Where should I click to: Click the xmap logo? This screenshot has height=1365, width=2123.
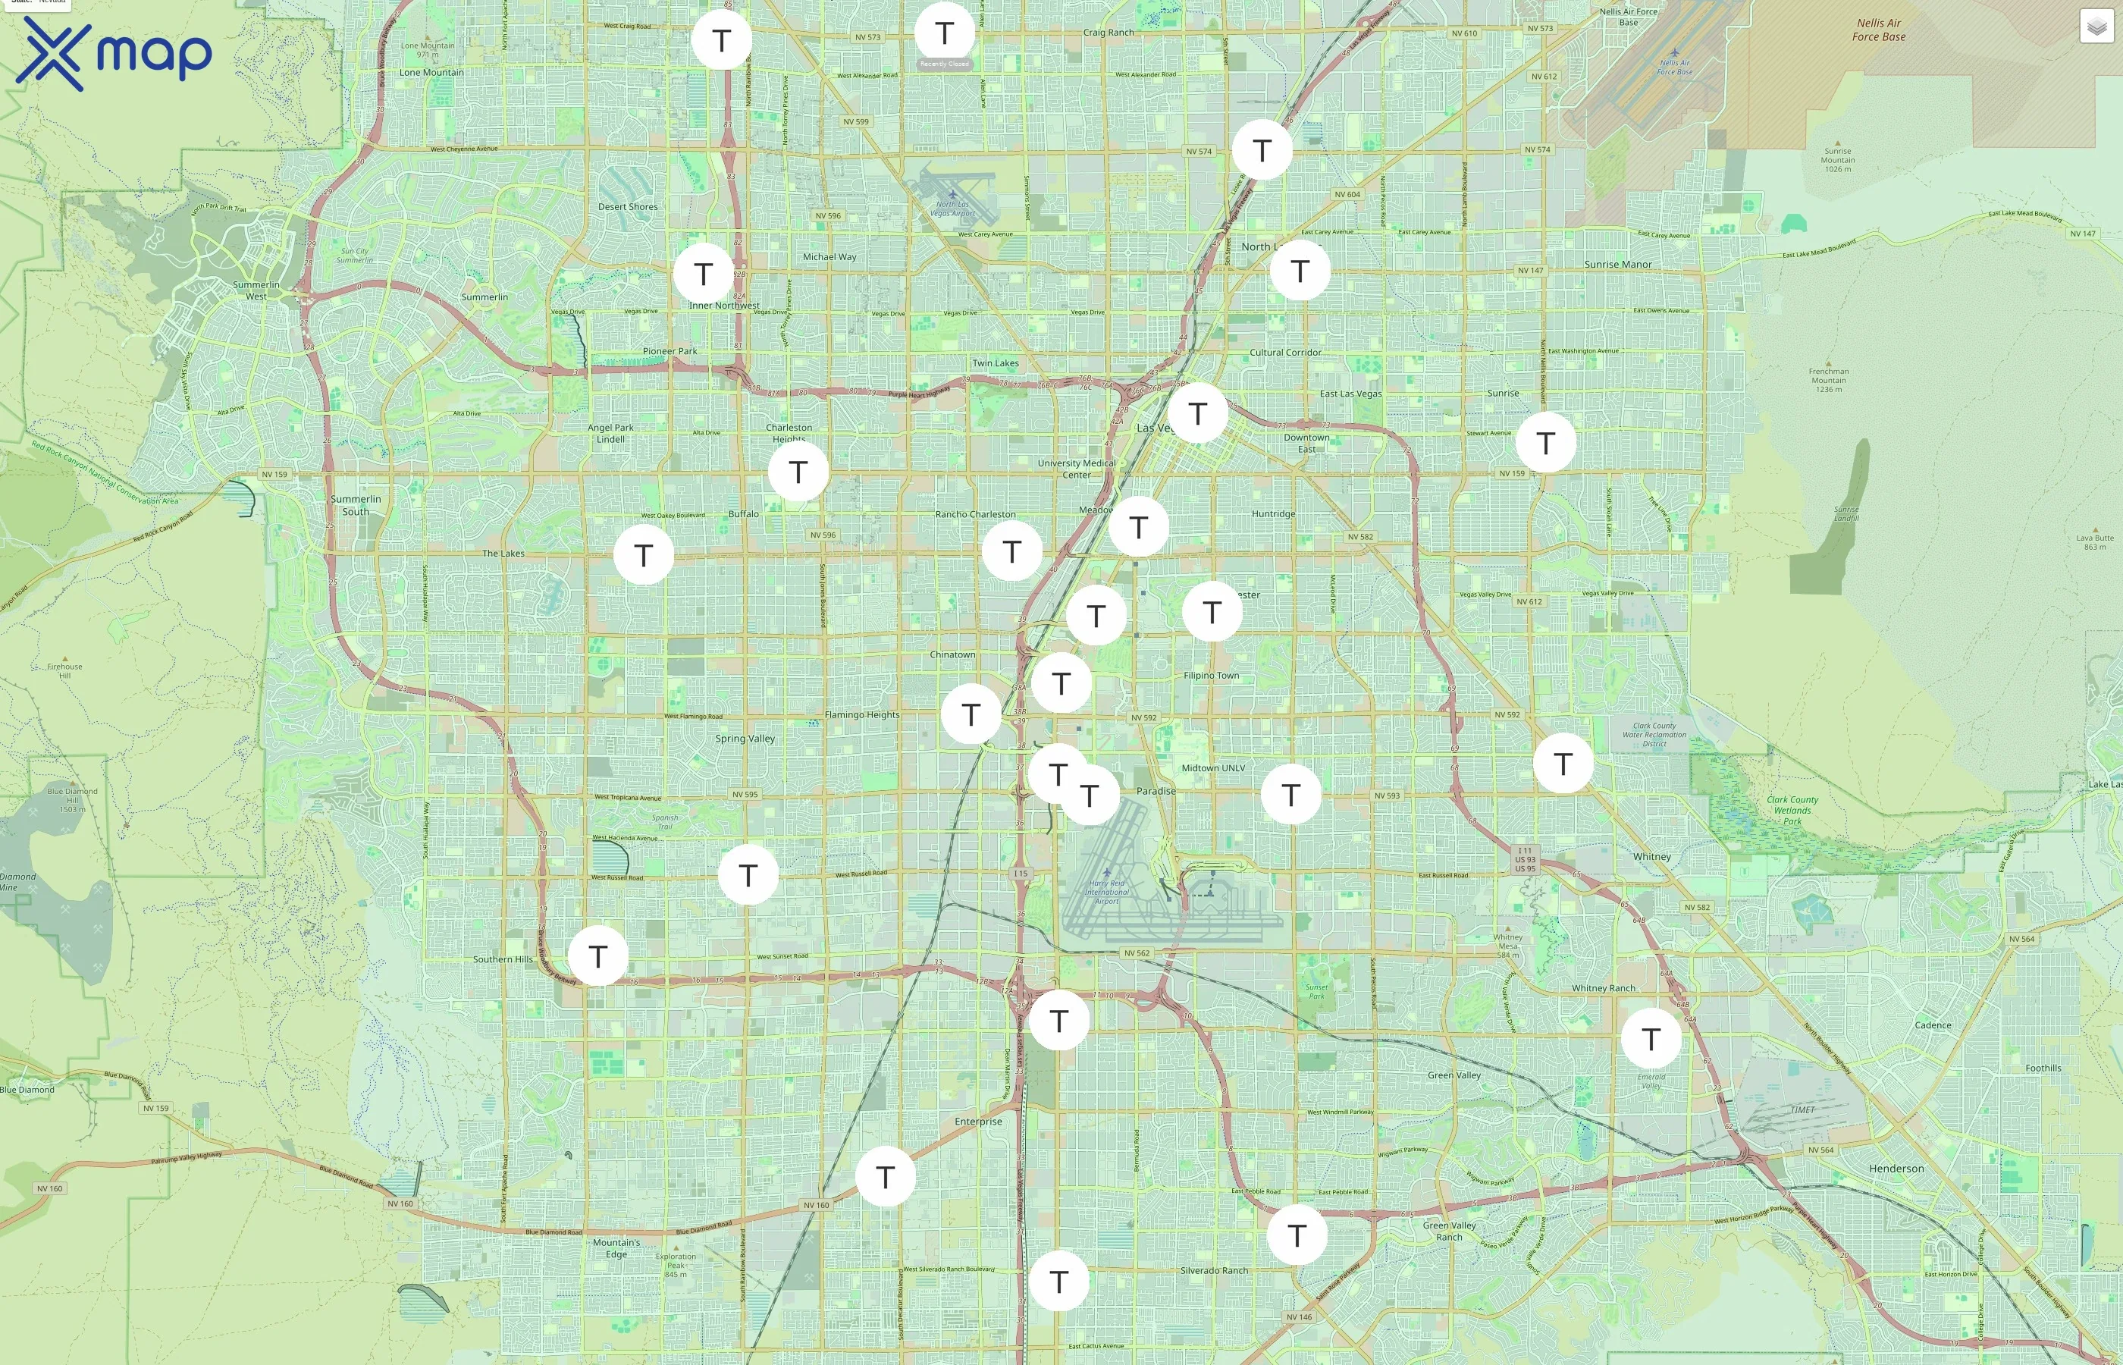(114, 54)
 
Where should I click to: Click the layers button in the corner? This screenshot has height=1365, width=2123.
(2096, 27)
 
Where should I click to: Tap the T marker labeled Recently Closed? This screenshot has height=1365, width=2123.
(945, 33)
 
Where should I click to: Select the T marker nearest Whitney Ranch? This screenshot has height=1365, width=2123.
(1651, 1038)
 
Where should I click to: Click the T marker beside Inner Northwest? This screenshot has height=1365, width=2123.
(704, 273)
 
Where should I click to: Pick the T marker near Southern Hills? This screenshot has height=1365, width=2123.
(598, 955)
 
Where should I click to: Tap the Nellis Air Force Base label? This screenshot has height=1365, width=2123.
(1878, 30)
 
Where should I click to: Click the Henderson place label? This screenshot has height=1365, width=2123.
(1896, 1169)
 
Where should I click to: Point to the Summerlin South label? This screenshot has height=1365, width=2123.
(356, 505)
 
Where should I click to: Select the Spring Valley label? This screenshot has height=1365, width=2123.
(745, 739)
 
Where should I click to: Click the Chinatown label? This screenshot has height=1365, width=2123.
(952, 654)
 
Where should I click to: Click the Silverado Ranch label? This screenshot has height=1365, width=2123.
(1214, 1270)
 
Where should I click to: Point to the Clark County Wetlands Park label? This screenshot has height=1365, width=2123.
(1792, 810)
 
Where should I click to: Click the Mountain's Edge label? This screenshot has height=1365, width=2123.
(616, 1248)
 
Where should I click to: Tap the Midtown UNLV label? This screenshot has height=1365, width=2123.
(1213, 767)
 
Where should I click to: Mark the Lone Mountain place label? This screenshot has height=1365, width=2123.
(431, 73)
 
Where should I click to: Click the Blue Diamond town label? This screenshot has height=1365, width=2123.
(27, 1089)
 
